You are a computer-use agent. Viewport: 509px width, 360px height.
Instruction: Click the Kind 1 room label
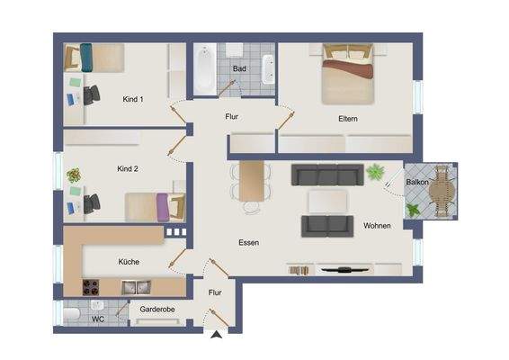pos(132,99)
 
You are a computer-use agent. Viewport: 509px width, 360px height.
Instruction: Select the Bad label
pos(239,68)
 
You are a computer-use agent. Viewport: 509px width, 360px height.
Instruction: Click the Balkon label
pos(417,182)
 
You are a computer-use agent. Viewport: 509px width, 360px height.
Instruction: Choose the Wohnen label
pos(377,225)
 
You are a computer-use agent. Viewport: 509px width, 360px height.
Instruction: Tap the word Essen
pos(248,243)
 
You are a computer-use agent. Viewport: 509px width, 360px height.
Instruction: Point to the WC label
pos(98,318)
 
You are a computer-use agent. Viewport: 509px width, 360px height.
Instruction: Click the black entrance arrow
pos(216,337)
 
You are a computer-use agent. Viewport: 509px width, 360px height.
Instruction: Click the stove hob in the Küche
pos(91,288)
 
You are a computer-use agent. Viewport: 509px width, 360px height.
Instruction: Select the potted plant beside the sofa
pos(374,171)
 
